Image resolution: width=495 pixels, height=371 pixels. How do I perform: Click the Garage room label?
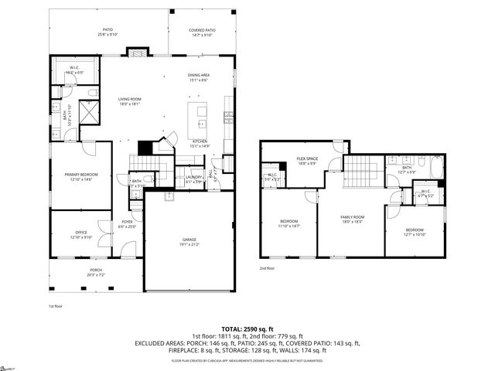189,242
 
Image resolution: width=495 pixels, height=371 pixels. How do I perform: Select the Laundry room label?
193,179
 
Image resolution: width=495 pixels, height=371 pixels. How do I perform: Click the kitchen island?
203,118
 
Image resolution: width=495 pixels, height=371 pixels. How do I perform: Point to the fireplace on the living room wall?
137,53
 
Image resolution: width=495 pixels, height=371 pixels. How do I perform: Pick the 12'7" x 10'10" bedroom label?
415,232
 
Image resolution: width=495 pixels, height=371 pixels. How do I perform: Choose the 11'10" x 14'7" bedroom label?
288,222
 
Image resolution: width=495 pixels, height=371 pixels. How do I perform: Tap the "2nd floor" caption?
267,268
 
